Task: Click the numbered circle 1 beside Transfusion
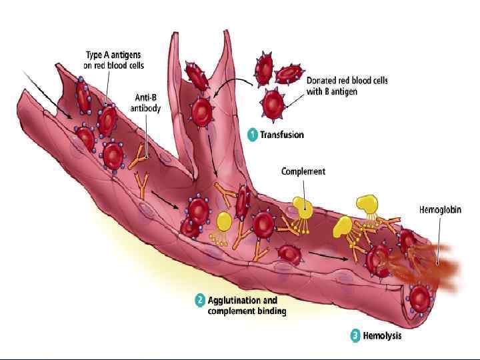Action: (x=252, y=135)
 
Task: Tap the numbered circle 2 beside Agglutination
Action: (x=199, y=301)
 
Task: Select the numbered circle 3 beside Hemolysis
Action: (x=355, y=335)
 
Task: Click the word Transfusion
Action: (x=281, y=135)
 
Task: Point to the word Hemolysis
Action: (x=383, y=335)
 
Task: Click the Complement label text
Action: (x=303, y=171)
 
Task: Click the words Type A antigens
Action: (x=114, y=55)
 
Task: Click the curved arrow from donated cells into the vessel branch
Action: (x=231, y=83)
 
